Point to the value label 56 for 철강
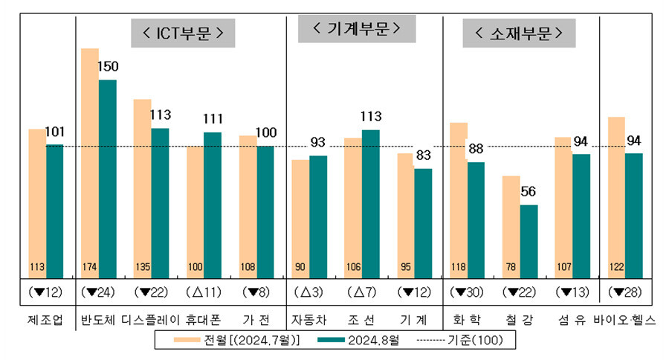coord(529,191)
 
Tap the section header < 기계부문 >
coord(356,29)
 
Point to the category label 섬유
coord(571,320)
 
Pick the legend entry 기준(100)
coord(459,341)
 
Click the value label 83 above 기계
coord(423,155)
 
